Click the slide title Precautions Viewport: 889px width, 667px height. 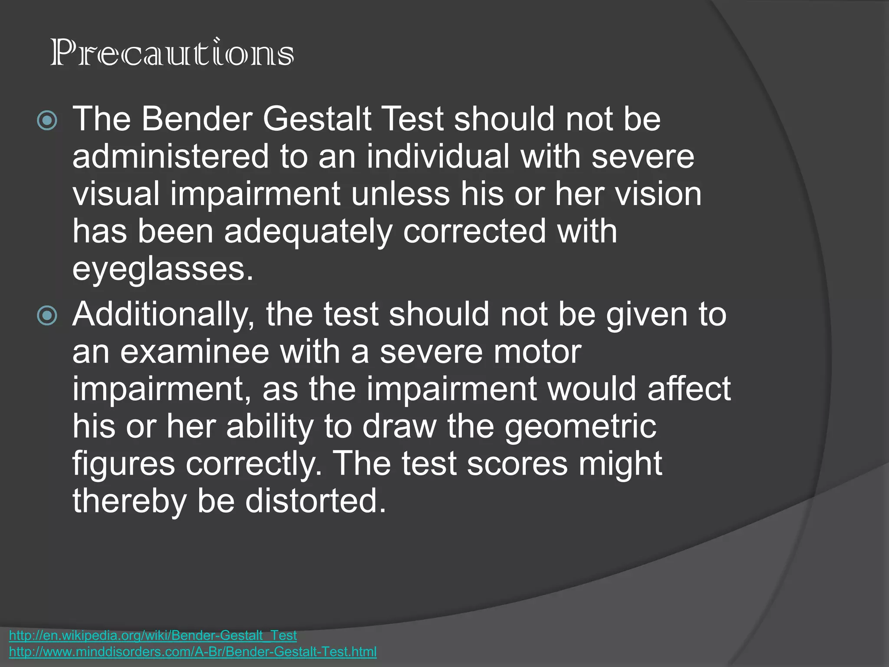(x=172, y=53)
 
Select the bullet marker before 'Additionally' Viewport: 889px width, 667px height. (x=47, y=315)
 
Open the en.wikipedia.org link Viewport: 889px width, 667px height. (x=153, y=635)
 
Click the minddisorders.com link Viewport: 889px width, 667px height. (x=193, y=651)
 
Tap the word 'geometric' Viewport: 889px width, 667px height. (x=580, y=427)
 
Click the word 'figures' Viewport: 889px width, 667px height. (x=124, y=465)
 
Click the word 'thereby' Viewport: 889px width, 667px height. (x=129, y=501)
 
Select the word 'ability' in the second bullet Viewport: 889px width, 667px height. (x=270, y=427)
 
